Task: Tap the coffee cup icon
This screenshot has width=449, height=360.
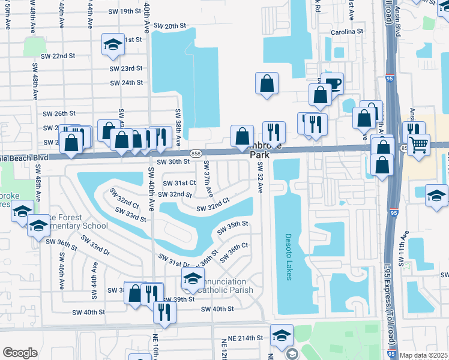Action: (331, 83)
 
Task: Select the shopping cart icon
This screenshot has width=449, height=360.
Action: (418, 144)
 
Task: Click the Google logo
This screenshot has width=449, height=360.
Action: (20, 353)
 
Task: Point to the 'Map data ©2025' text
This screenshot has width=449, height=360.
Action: (424, 355)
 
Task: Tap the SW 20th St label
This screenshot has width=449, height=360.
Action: (170, 26)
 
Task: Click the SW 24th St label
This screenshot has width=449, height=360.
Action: (126, 83)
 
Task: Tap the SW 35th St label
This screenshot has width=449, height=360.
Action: (233, 224)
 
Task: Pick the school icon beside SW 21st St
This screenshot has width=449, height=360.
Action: (112, 45)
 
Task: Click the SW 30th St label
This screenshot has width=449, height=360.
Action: (173, 162)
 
